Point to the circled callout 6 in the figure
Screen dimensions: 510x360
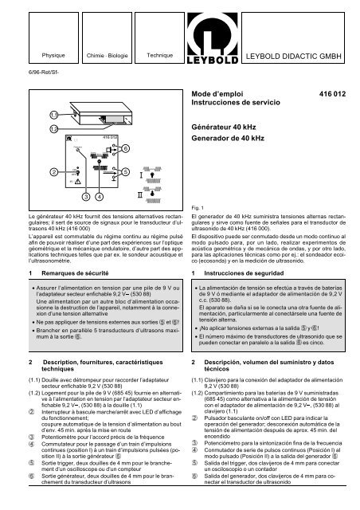127,149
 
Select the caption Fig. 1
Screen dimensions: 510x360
199,206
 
